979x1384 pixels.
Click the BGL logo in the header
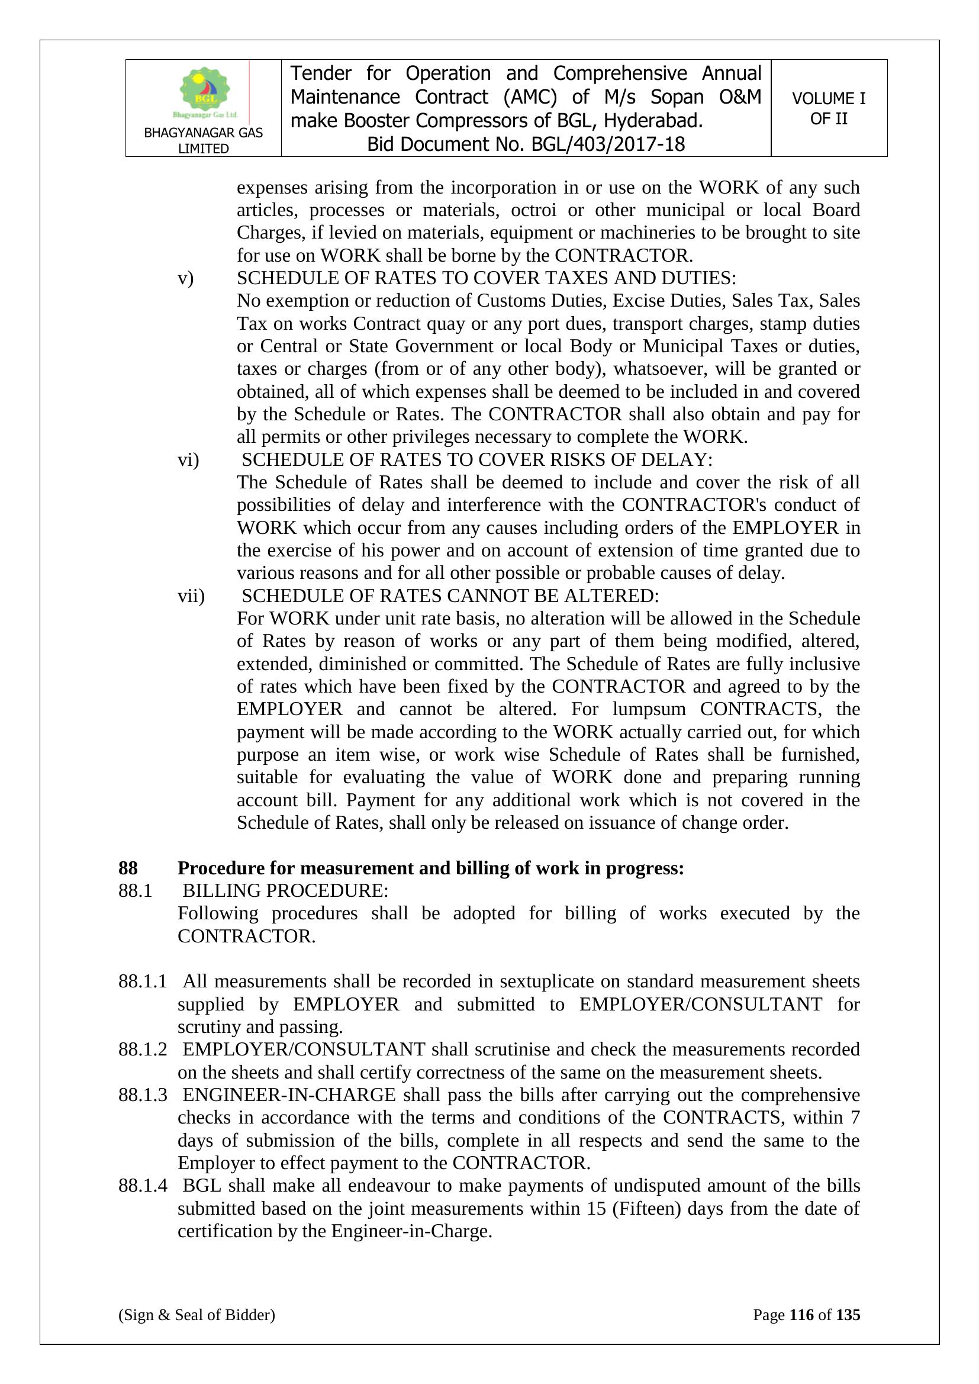pyautogui.click(x=204, y=93)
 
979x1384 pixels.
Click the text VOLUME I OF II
pyautogui.click(x=828, y=108)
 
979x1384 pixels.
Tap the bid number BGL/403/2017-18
pyautogui.click(x=608, y=144)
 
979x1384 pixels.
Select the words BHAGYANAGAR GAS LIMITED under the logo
pyautogui.click(x=203, y=140)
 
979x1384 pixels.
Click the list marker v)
pyautogui.click(x=186, y=278)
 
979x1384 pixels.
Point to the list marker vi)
pyautogui.click(x=188, y=460)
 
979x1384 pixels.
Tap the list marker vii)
pyautogui.click(x=191, y=596)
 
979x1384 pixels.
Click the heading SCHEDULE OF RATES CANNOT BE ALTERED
pyautogui.click(x=450, y=596)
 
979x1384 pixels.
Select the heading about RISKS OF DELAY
pyautogui.click(x=476, y=460)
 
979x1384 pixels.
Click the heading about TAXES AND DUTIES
pyautogui.click(x=486, y=278)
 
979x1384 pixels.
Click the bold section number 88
pyautogui.click(x=128, y=868)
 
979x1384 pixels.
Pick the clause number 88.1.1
pyautogui.click(x=142, y=982)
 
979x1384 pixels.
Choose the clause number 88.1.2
pyautogui.click(x=142, y=1050)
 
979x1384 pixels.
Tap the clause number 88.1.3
pyautogui.click(x=142, y=1095)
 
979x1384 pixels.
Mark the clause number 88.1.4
pyautogui.click(x=142, y=1186)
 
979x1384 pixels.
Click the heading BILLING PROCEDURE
pyautogui.click(x=285, y=891)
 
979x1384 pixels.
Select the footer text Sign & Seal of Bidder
pyautogui.click(x=197, y=1315)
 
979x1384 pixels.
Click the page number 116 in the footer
pyautogui.click(x=801, y=1315)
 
